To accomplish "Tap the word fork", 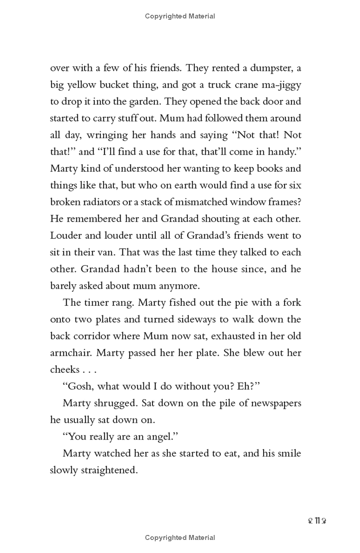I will click(x=292, y=303).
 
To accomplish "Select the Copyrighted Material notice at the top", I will click(x=180, y=16).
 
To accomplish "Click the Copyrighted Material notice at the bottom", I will click(x=180, y=537).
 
